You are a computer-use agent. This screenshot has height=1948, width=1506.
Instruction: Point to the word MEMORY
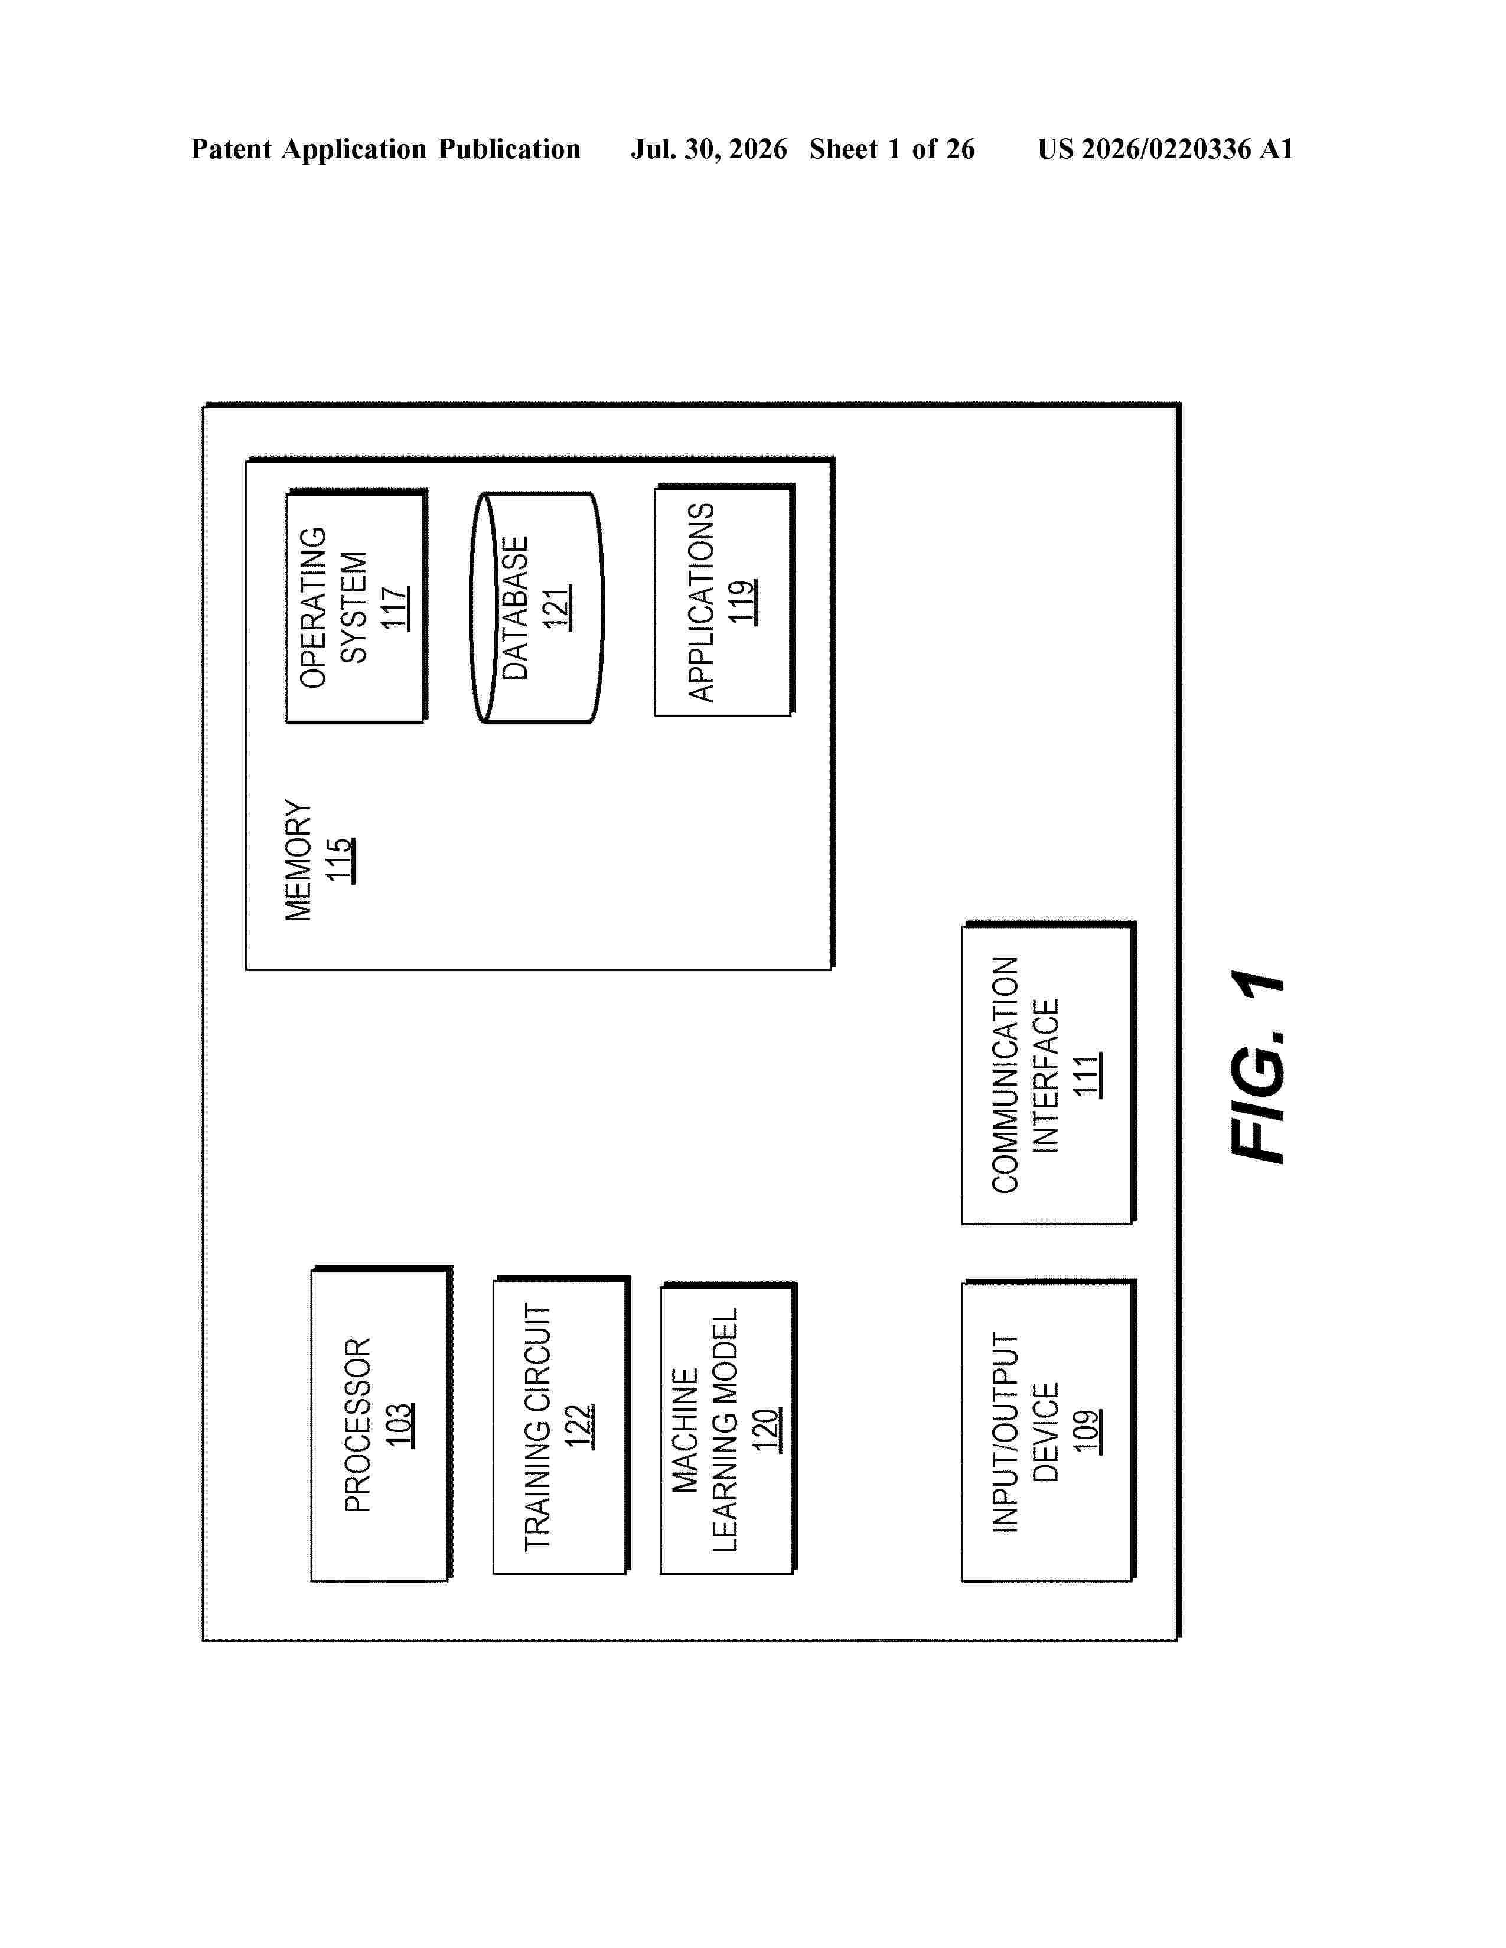pos(299,860)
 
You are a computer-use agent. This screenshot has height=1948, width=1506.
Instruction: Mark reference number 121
pos(557,607)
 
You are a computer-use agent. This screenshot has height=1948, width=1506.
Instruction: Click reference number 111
pos(1087,1075)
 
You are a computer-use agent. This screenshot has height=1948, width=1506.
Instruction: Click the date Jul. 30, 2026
pos(709,149)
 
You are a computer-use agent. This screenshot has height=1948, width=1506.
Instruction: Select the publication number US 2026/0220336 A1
pos(1165,149)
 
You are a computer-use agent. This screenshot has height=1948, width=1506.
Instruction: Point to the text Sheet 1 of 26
pos(892,149)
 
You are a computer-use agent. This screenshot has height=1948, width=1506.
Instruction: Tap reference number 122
pos(579,1426)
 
